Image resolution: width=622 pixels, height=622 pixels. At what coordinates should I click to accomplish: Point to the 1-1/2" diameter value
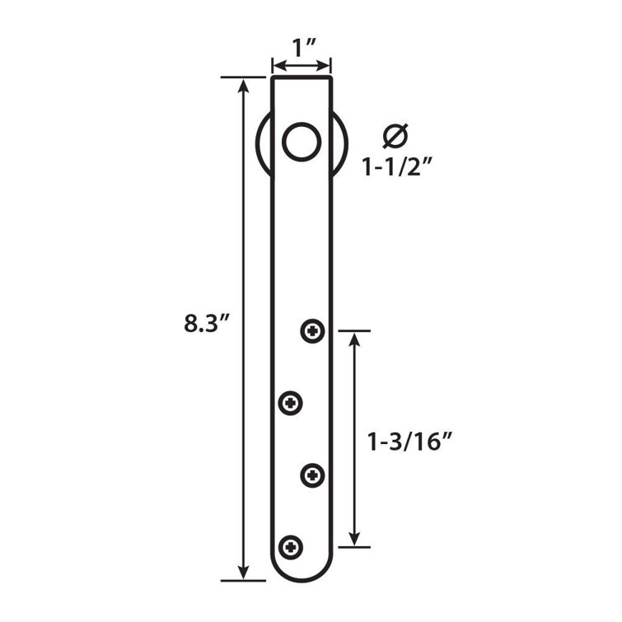398,167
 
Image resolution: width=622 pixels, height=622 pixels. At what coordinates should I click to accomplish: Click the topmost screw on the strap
313,331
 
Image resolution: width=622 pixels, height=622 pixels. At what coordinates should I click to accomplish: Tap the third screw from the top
313,475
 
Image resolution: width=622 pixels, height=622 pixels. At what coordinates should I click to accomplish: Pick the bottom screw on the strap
291,545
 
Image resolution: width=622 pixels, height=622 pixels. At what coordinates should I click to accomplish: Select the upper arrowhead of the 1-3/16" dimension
355,339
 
